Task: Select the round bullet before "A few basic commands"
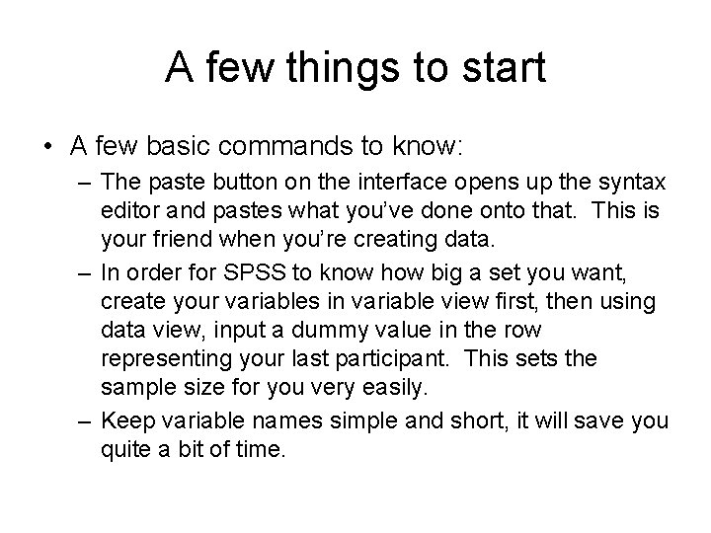point(47,147)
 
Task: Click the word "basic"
point(179,147)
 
